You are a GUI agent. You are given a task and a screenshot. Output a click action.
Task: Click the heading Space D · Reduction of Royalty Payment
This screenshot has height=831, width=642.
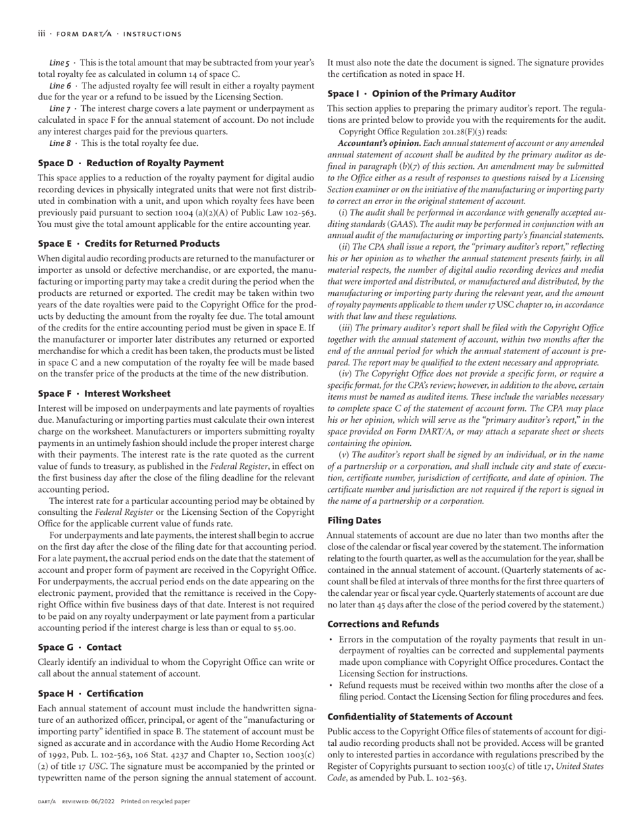pyautogui.click(x=130, y=163)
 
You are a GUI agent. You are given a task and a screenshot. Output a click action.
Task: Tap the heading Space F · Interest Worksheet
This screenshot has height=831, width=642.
pyautogui.click(x=104, y=394)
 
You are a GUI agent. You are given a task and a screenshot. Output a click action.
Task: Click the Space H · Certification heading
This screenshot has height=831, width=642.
pyautogui.click(x=91, y=694)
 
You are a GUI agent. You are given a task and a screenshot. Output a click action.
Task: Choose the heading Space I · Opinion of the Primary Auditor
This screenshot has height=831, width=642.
pyautogui.click(x=421, y=94)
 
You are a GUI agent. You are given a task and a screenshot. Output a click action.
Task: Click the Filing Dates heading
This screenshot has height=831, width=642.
pyautogui.click(x=354, y=521)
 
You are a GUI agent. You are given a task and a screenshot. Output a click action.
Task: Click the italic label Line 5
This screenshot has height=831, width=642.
pyautogui.click(x=58, y=63)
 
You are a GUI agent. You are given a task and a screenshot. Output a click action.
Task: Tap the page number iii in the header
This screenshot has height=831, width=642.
pyautogui.click(x=41, y=34)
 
